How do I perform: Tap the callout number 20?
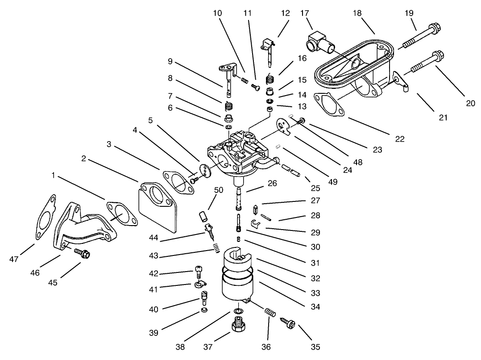coord(470,103)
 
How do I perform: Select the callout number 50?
coord(219,190)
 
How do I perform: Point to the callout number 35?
coord(315,347)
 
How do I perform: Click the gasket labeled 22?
coord(329,104)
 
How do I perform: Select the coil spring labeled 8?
coord(228,107)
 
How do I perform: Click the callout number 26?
coord(272,183)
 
